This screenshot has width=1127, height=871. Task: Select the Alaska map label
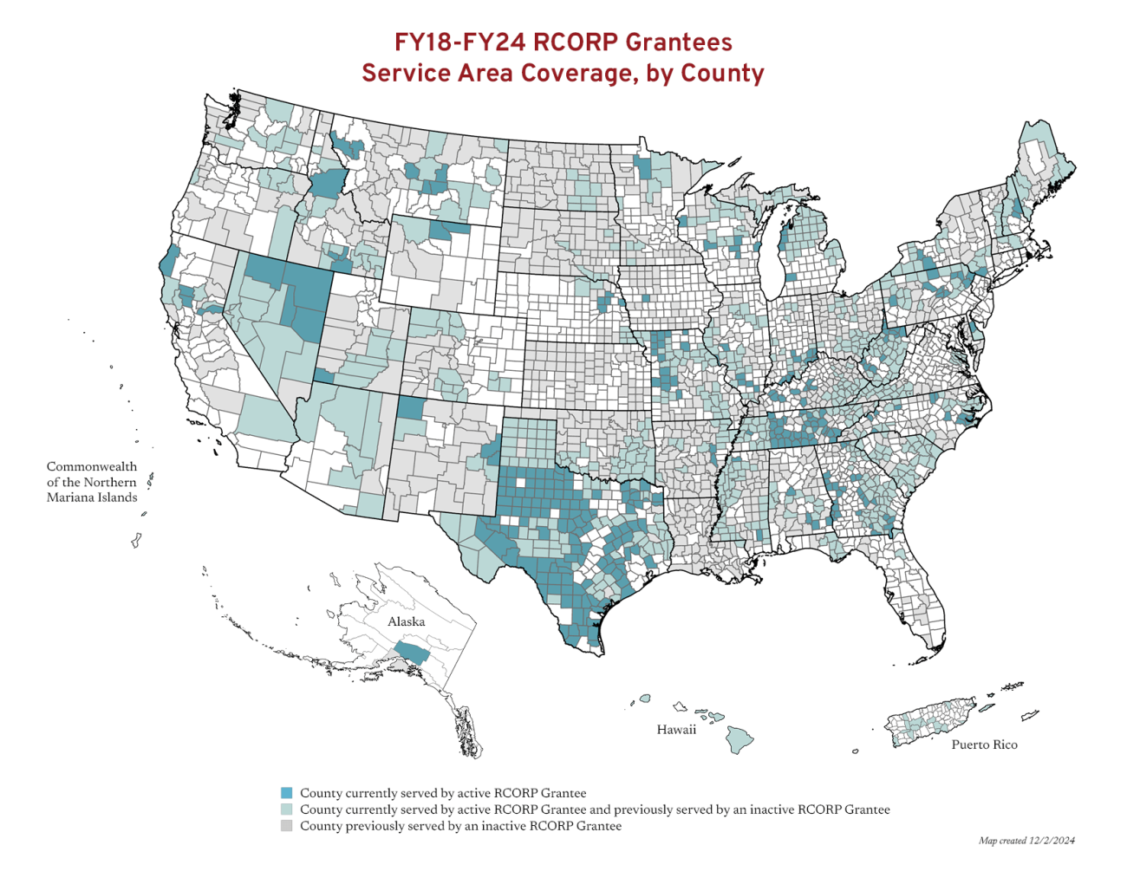click(x=406, y=621)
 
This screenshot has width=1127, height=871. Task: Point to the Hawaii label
click(x=676, y=730)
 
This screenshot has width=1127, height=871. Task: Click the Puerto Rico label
click(x=984, y=744)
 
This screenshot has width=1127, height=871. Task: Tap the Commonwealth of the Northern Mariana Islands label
click(x=92, y=482)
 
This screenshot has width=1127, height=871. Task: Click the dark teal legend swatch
click(x=287, y=793)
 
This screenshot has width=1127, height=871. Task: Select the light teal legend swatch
click(x=287, y=809)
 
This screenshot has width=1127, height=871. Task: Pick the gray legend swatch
click(x=287, y=826)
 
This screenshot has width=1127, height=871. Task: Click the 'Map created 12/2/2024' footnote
click(x=1026, y=841)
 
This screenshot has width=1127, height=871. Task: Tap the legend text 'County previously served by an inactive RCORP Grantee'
click(x=460, y=826)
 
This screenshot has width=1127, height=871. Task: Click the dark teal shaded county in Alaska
click(x=411, y=653)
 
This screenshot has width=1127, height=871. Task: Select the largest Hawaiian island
click(x=739, y=740)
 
